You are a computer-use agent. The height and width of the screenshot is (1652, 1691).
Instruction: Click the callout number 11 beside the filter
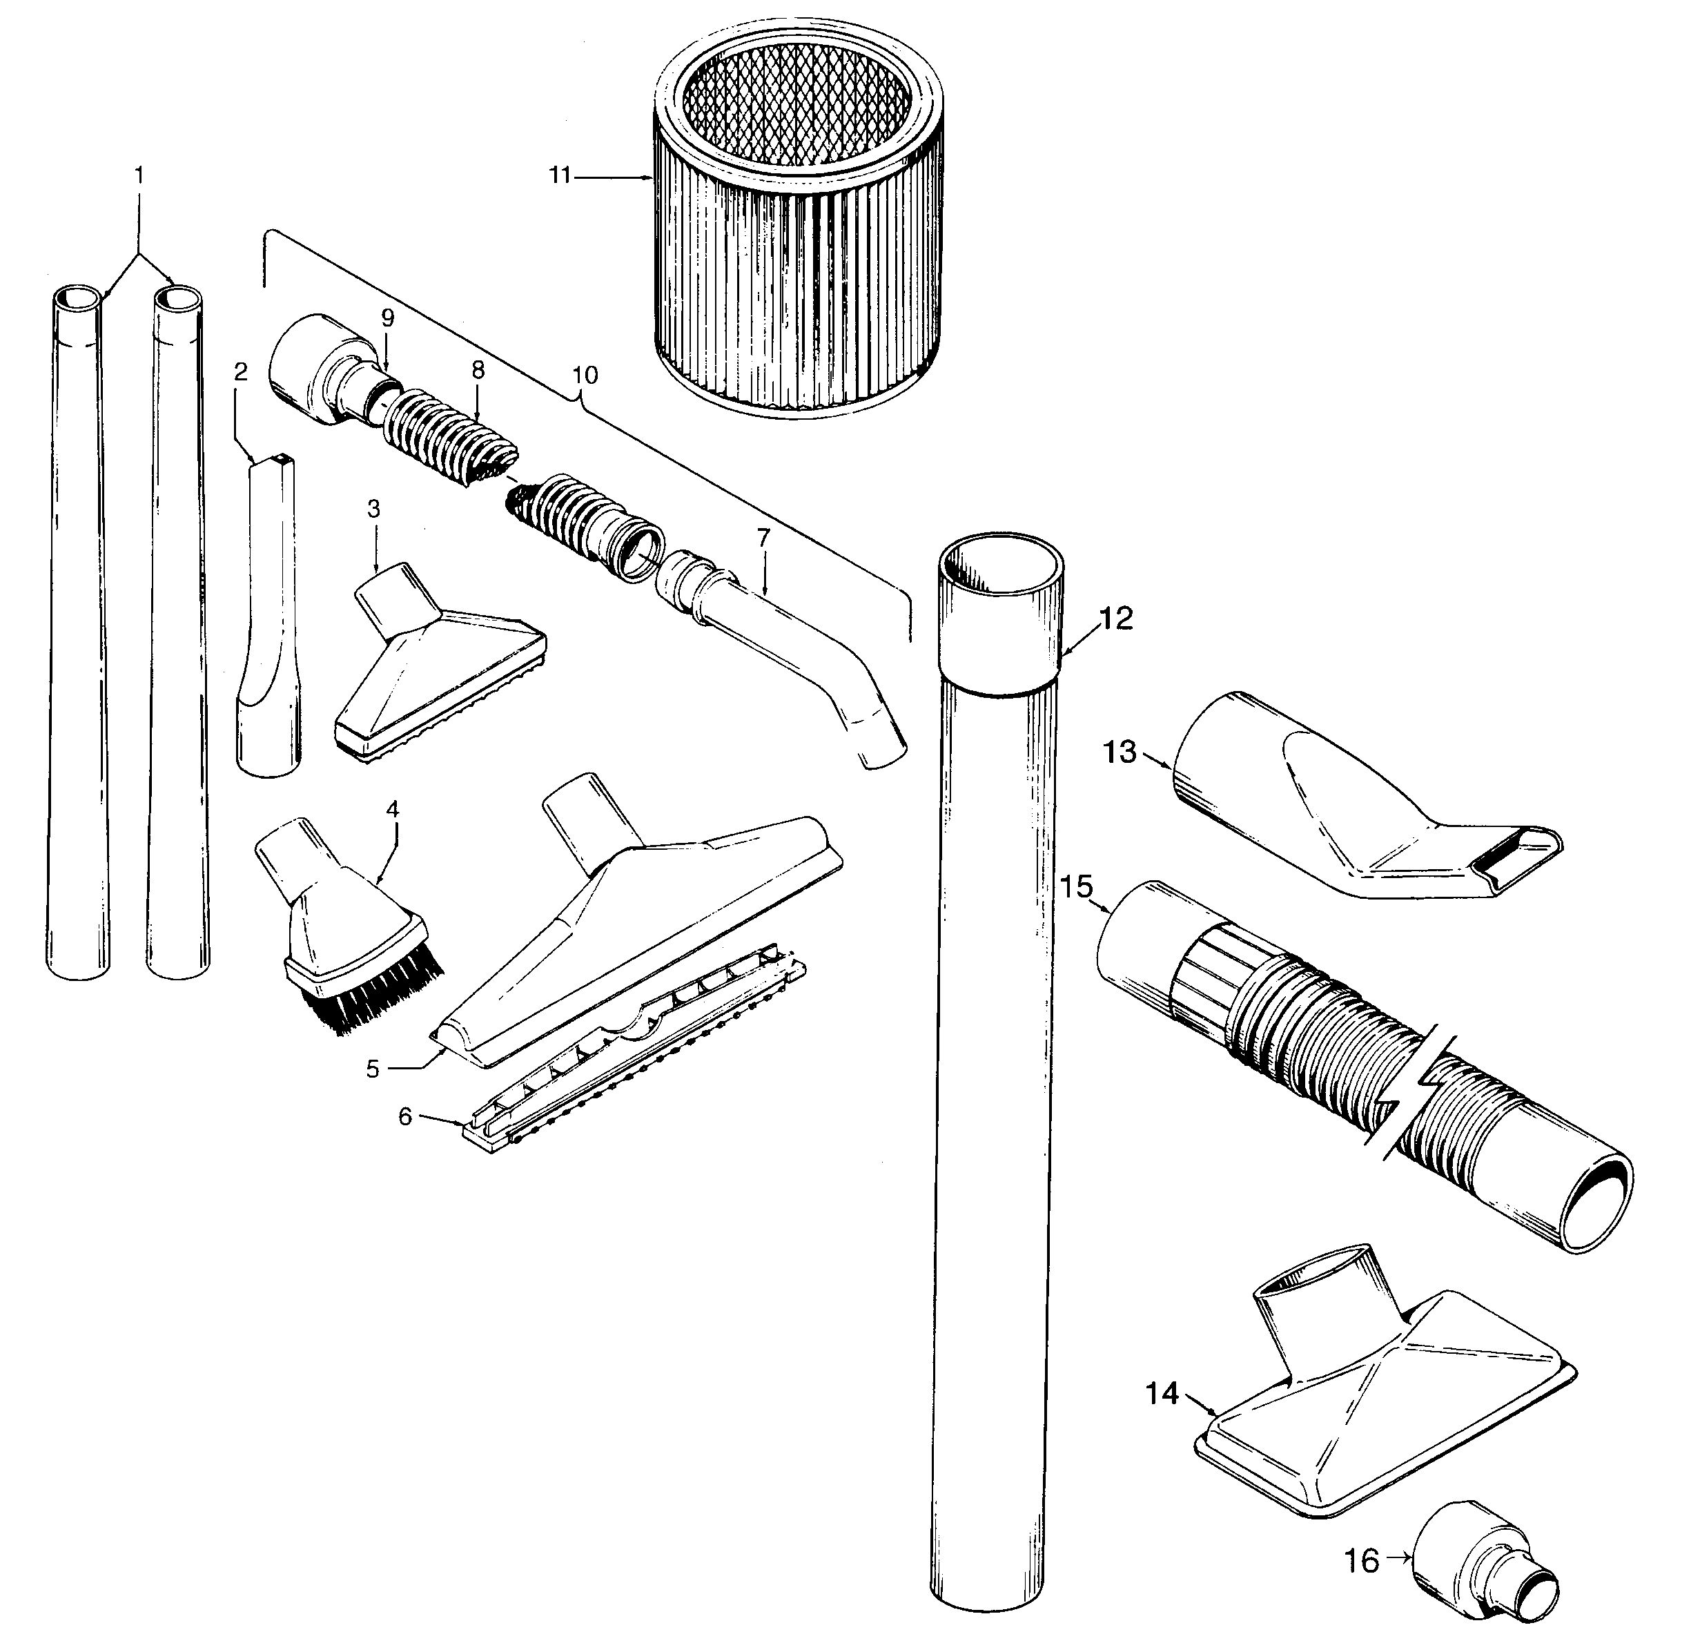pos(560,175)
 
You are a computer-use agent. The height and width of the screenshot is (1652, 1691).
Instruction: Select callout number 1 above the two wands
pos(139,175)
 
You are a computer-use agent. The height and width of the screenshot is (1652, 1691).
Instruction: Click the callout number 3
pos(374,509)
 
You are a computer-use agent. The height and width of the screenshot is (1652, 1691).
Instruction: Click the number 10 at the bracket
pos(586,375)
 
